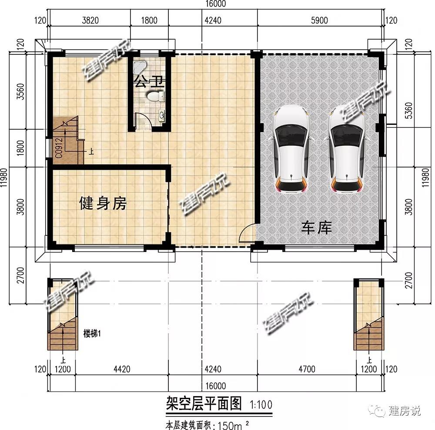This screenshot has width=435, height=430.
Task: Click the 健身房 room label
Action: point(103,203)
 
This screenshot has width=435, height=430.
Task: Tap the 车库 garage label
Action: point(317,228)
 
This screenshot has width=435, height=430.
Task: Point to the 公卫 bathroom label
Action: point(149,82)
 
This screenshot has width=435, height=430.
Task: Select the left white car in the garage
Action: point(291,149)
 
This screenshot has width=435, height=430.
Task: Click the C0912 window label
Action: point(59,148)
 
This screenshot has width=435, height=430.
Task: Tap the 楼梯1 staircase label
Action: point(92,333)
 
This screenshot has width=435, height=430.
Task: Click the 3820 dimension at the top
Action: point(90,20)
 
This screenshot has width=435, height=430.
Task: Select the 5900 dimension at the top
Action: point(319,20)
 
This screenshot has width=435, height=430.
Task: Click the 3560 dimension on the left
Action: point(20,91)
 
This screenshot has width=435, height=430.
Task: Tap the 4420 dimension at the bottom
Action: point(122,369)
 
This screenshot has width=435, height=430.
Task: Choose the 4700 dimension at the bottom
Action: point(307,369)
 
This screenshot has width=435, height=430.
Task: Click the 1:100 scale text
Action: point(261,405)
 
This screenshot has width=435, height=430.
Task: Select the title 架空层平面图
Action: point(204,403)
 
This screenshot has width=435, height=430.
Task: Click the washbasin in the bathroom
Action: point(162,116)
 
